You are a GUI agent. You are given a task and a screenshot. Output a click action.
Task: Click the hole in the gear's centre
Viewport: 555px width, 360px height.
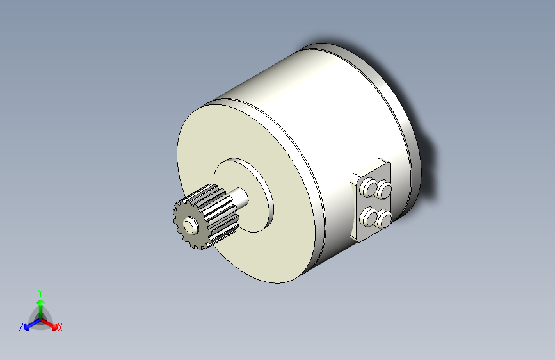[190, 225]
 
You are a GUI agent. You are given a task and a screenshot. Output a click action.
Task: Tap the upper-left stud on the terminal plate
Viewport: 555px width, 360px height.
[369, 187]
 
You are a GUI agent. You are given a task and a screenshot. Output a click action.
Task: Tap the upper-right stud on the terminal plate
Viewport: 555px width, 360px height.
[384, 190]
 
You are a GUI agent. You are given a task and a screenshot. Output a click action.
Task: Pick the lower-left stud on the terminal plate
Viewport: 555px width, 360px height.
[369, 217]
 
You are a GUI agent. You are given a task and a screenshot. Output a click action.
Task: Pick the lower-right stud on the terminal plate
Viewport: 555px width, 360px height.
[384, 220]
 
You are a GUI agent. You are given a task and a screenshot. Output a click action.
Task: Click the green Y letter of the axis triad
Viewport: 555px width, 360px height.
[40, 291]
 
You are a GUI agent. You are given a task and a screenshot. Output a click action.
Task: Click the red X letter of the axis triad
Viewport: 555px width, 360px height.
[60, 328]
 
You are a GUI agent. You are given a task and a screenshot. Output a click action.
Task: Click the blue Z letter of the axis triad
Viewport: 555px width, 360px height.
[21, 327]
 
